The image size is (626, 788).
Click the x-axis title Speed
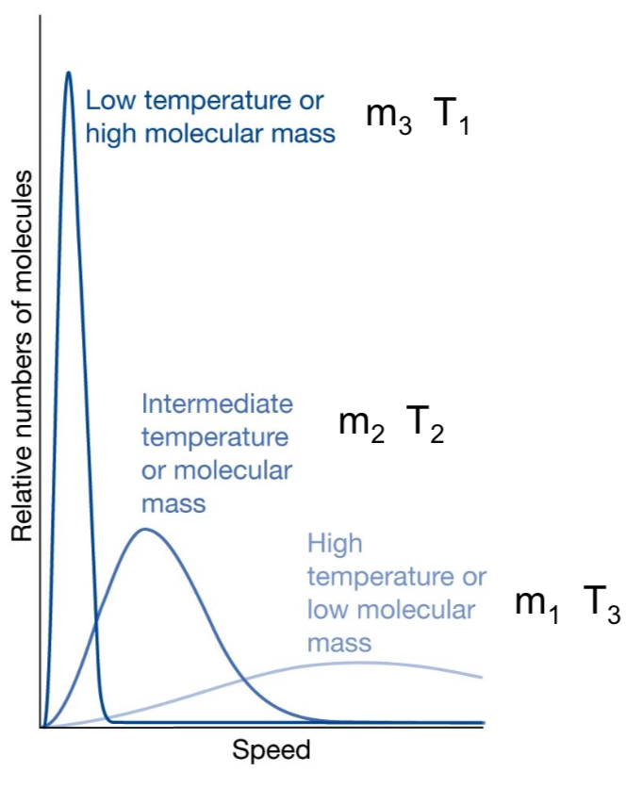click(271, 751)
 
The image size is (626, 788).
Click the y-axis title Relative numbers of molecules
click(23, 357)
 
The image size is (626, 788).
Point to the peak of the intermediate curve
click(144, 529)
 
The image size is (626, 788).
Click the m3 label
click(387, 119)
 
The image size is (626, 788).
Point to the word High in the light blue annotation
click(335, 544)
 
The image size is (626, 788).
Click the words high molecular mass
click(209, 134)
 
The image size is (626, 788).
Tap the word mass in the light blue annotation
click(338, 645)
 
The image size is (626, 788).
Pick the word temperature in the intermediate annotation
click(214, 437)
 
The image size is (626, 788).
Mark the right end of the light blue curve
click(483, 677)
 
